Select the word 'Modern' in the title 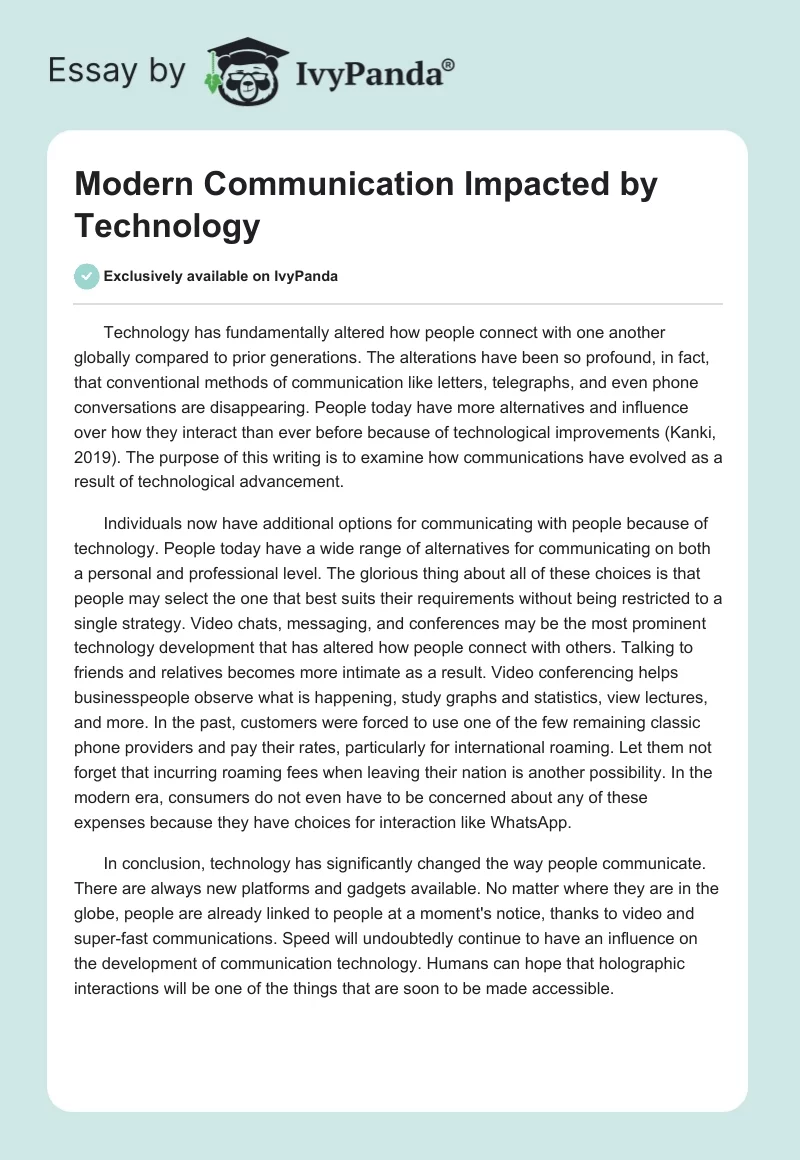[129, 186]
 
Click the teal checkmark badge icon [87, 276]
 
